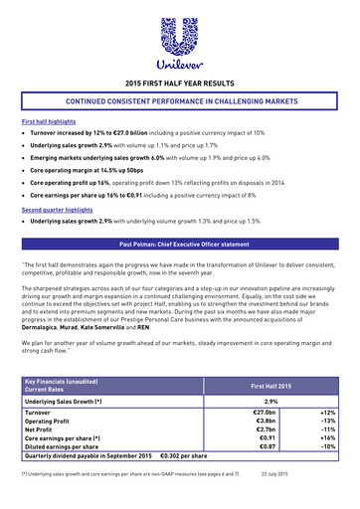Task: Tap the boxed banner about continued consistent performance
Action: tap(179, 102)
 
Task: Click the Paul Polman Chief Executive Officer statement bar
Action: tap(179, 244)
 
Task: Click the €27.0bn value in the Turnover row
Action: tap(264, 413)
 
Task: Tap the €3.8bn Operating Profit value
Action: tap(264, 422)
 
